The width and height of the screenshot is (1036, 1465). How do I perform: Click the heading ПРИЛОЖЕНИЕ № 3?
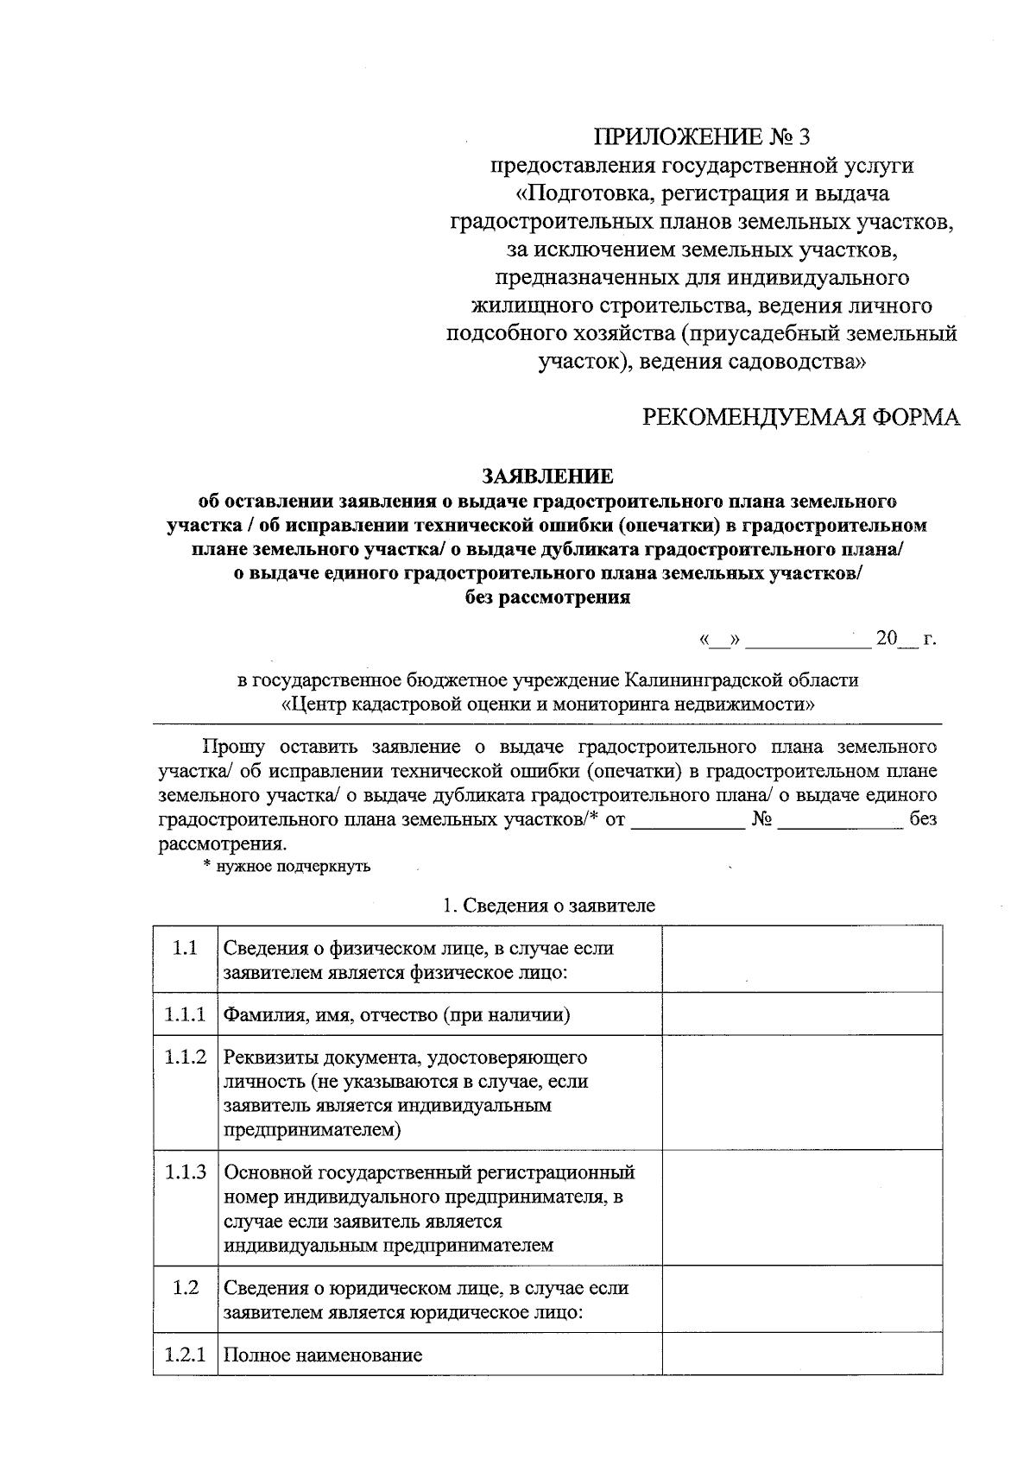tap(702, 136)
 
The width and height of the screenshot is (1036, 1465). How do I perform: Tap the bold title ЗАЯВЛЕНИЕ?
tap(547, 477)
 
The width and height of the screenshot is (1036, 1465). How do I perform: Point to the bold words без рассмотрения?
tap(547, 597)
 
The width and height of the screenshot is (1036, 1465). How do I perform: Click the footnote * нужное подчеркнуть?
tap(287, 866)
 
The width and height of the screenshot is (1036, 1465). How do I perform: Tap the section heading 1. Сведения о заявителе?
tap(548, 906)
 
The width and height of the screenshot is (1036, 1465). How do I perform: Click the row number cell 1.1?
tap(185, 949)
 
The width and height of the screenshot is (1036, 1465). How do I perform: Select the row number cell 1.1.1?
tap(185, 1014)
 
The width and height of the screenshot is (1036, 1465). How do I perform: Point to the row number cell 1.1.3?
tap(185, 1172)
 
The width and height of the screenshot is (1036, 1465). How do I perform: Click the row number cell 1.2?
tap(185, 1288)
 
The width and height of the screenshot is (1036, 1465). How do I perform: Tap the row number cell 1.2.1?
tap(185, 1354)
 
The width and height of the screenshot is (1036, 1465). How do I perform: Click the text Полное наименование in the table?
tap(323, 1355)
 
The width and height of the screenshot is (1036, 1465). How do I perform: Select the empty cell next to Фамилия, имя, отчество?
tap(802, 1014)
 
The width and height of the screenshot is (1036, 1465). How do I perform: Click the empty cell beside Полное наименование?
tap(802, 1354)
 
